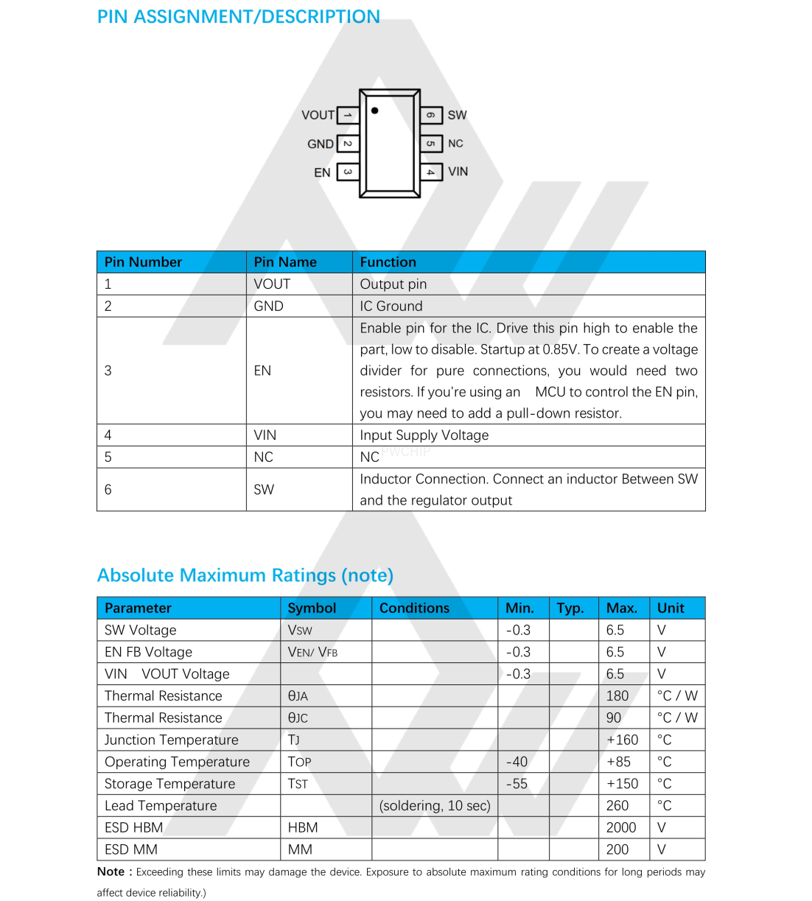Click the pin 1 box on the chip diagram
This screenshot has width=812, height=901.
[x=348, y=116]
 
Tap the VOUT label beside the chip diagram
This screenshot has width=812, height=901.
[x=318, y=116]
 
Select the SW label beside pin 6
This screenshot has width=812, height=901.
[x=457, y=115]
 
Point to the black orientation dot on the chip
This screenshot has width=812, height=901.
[x=375, y=111]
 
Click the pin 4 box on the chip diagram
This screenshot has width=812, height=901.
[x=431, y=172]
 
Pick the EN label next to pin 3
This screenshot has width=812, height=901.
[x=322, y=172]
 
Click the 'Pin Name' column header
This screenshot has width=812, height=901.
[x=285, y=262]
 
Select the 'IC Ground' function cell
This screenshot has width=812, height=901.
[x=391, y=306]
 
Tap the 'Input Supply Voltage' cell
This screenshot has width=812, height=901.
[x=424, y=435]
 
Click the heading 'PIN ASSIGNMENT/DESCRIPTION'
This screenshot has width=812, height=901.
[x=239, y=17]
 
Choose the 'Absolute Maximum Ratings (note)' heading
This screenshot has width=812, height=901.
[x=245, y=575]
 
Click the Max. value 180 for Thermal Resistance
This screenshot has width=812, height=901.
[x=617, y=696]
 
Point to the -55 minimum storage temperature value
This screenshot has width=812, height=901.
[x=517, y=784]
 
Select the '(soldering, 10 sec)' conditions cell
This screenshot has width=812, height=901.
[x=435, y=806]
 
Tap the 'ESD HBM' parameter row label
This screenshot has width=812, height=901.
[x=134, y=828]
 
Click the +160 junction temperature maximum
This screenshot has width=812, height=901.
[x=623, y=740]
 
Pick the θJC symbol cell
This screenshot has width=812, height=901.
[x=298, y=718]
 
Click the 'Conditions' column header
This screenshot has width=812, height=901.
[x=414, y=609]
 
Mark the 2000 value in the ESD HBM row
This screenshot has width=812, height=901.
[x=621, y=828]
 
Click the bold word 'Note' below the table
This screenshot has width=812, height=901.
[x=111, y=872]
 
